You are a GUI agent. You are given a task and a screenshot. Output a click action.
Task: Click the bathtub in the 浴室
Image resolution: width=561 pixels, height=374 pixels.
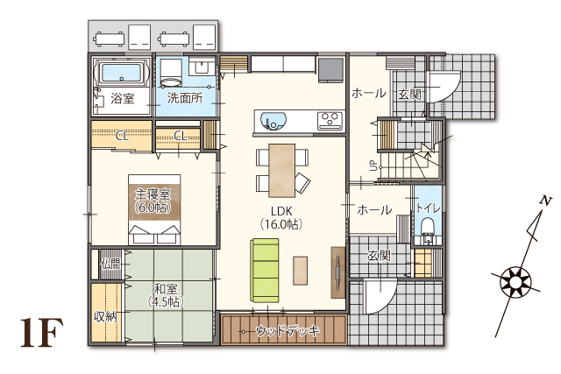pos(121,74)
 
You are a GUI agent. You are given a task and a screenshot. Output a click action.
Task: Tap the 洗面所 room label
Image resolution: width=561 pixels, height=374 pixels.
pos(185,98)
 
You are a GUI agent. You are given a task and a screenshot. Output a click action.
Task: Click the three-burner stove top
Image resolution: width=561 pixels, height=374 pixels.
pos(330,121)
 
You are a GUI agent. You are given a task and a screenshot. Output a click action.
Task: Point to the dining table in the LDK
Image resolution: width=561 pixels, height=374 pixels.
pos(282,170)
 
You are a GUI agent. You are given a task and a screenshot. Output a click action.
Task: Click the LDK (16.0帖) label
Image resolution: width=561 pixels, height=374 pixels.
pos(281,217)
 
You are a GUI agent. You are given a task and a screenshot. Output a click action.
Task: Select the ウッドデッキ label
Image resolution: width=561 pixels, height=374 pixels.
pos(288,331)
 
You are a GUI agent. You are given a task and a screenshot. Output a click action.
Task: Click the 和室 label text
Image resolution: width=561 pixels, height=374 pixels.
pos(166,289)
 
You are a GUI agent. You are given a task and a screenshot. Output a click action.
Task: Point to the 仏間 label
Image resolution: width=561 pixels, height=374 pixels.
pos(110,265)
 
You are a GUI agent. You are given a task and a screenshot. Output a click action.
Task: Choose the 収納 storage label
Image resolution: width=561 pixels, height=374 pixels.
pos(105,316)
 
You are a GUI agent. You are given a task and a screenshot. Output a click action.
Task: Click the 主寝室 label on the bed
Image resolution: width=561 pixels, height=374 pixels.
pos(153,194)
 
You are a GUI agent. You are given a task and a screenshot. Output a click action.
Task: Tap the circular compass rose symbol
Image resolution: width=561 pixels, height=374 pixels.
pos(515,281)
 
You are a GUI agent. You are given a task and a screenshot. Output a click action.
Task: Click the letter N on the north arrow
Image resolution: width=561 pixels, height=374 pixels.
pos(546,201)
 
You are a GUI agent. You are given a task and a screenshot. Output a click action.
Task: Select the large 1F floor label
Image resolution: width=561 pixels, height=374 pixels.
pos(42,333)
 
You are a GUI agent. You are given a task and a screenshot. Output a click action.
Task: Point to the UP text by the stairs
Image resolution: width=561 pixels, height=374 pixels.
pos(373,166)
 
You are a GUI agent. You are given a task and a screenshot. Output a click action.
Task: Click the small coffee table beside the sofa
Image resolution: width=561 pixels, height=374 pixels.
pos(300,271)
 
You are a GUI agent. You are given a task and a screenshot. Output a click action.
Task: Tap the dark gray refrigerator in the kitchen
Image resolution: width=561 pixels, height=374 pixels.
pos(330,70)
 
